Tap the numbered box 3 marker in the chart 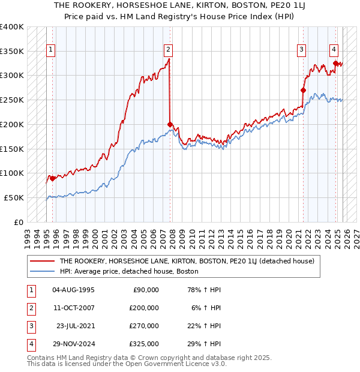(301, 50)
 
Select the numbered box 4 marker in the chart (334, 50)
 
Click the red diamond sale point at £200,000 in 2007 (170, 124)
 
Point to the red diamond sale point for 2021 (303, 90)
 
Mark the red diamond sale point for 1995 (53, 178)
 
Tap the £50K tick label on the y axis (14, 197)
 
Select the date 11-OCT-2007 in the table (73, 308)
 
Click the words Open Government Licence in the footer (175, 364)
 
